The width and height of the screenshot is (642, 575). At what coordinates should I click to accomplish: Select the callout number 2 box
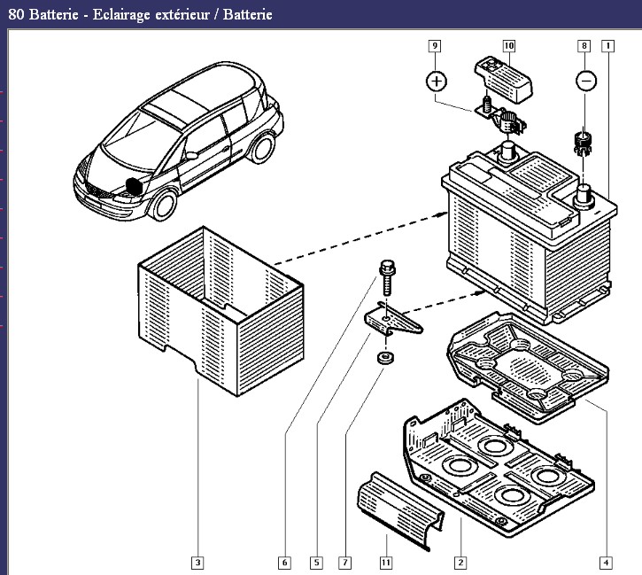(460, 562)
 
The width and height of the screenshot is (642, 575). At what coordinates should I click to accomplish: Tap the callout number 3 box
(197, 562)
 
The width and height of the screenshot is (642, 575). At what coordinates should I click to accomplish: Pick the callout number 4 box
(606, 562)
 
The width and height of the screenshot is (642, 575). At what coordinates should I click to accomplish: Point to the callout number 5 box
(316, 562)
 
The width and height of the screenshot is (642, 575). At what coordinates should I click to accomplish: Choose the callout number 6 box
(283, 562)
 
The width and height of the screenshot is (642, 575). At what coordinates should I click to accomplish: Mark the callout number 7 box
(345, 562)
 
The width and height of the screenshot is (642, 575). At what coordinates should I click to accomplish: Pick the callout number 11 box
(386, 562)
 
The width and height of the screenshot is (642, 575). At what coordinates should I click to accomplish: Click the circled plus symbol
(436, 82)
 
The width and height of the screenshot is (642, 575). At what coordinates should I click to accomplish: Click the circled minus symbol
(585, 81)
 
